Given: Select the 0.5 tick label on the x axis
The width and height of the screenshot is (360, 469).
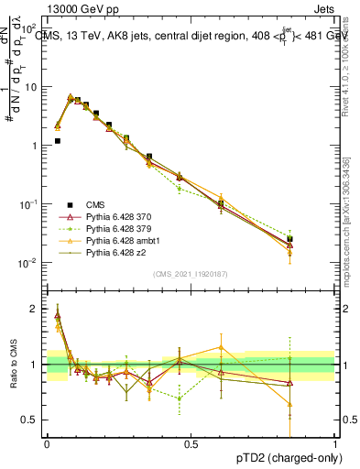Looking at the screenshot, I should [x=191, y=443].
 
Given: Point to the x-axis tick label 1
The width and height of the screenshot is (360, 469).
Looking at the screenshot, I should [x=335, y=443].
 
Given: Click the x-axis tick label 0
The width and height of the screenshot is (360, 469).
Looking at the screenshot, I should [x=47, y=443].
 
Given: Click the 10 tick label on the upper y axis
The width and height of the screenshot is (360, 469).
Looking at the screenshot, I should [x=31, y=87].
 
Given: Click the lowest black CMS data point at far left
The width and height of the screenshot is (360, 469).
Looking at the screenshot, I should [x=58, y=141].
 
